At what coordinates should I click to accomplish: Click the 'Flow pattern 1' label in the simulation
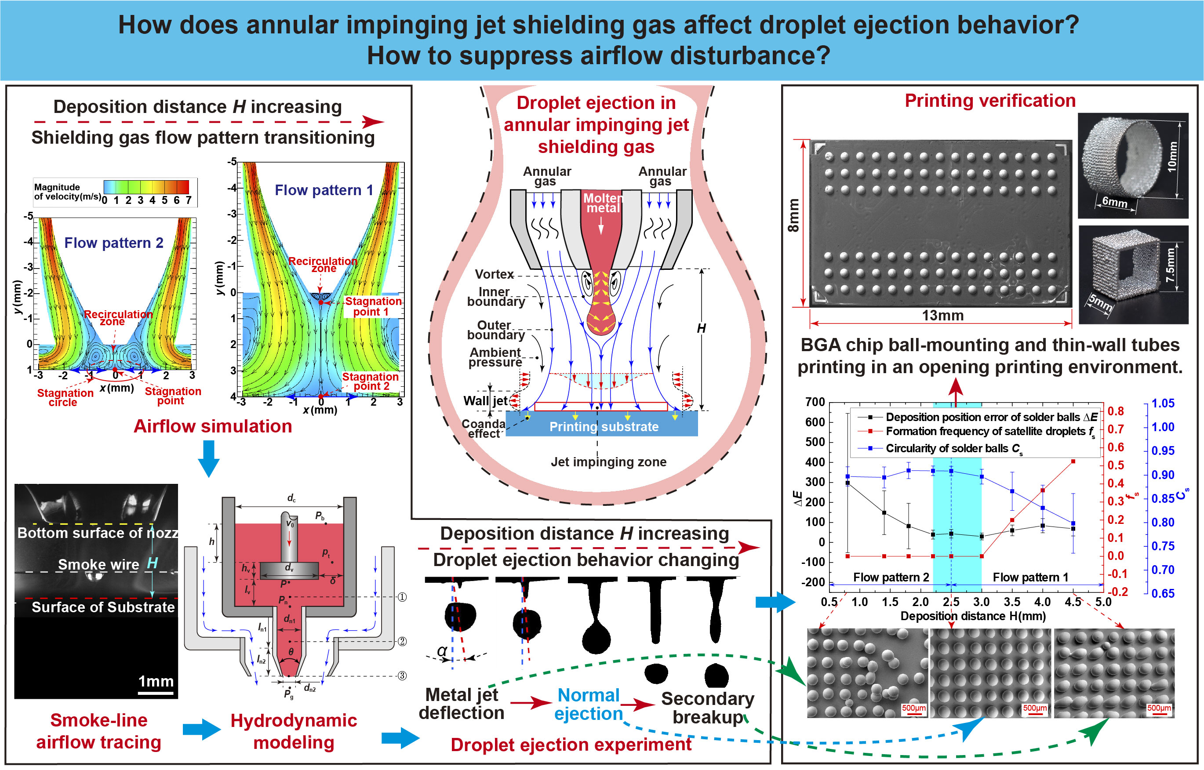click(324, 190)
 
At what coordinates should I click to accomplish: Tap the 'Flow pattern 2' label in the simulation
click(113, 243)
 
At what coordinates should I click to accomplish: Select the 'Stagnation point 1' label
click(372, 306)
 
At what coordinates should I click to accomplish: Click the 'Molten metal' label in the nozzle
click(603, 203)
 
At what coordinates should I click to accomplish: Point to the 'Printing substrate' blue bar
click(603, 426)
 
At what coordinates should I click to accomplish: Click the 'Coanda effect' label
click(483, 429)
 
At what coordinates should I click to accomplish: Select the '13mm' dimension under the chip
click(942, 316)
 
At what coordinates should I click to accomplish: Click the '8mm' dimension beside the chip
click(793, 215)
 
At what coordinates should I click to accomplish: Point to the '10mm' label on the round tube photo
click(1171, 156)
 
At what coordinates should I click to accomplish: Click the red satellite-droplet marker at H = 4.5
click(1073, 461)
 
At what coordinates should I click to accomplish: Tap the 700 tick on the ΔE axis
click(815, 402)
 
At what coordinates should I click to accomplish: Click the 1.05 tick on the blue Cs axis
click(1163, 403)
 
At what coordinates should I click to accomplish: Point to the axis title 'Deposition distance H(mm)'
click(972, 616)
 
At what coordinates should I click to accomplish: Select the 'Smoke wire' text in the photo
click(98, 564)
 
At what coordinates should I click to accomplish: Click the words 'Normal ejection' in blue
click(589, 704)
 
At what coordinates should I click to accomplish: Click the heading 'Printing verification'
click(989, 101)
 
